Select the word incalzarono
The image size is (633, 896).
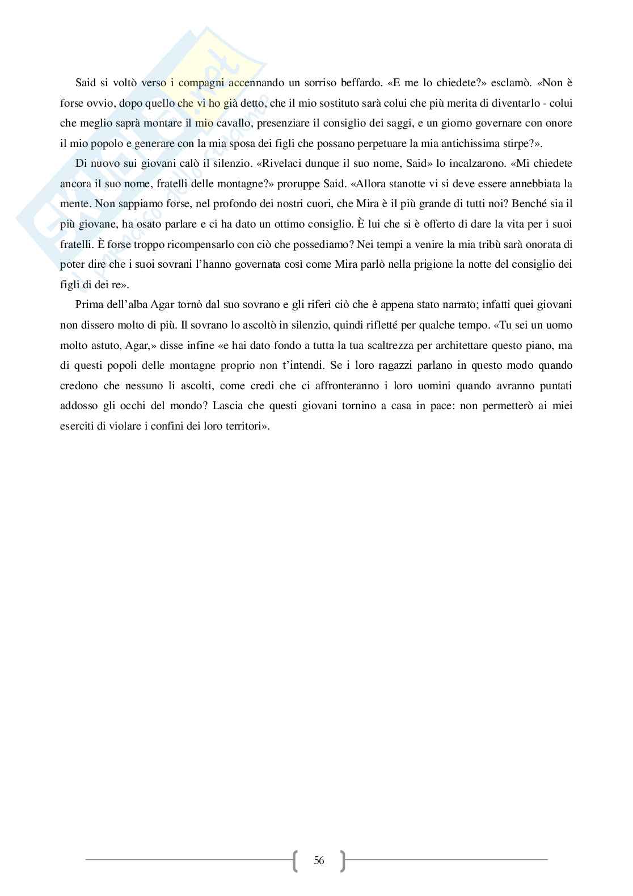(418, 163)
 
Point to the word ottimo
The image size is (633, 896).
(279, 224)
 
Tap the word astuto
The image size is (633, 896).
(102, 345)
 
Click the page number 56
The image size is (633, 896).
(319, 861)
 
